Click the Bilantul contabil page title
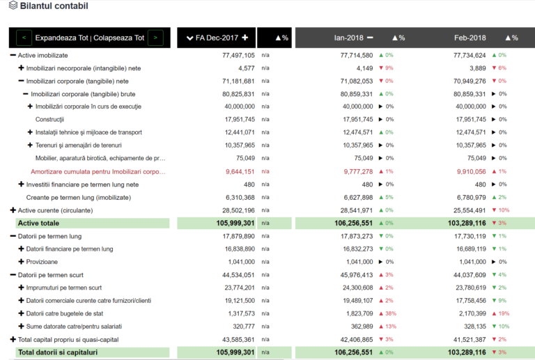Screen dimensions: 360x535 click(x=54, y=6)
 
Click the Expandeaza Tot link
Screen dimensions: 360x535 click(x=63, y=38)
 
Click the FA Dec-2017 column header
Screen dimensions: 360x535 click(x=217, y=38)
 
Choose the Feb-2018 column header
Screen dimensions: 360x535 click(x=470, y=38)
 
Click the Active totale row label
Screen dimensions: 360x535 click(x=38, y=224)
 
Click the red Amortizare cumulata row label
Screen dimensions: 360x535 click(x=98, y=171)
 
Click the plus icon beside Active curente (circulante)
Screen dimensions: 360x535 click(x=13, y=210)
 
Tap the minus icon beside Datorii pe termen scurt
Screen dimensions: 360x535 click(x=13, y=275)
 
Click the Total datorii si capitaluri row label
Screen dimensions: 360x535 click(x=59, y=352)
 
